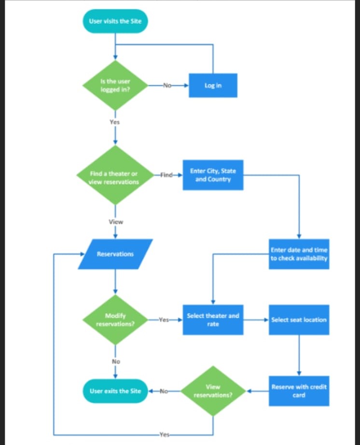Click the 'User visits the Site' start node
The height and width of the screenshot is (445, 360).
pos(115,21)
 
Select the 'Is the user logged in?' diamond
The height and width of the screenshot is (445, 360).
pos(115,85)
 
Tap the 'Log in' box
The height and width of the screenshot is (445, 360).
pos(213,85)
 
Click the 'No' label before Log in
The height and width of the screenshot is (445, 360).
pos(167,85)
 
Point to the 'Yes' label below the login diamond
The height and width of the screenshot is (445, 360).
pos(114,122)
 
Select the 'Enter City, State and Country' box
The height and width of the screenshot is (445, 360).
pos(213,175)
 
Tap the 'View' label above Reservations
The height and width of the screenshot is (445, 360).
pos(115,222)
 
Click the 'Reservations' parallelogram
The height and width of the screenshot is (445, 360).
pos(115,254)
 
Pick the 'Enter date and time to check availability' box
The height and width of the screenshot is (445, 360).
pos(299,254)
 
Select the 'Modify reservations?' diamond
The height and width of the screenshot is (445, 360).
pos(115,320)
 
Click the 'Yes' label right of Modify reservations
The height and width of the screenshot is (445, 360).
pos(164,320)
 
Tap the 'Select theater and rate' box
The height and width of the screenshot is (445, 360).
pos(213,320)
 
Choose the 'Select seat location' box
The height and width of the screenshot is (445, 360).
pos(299,320)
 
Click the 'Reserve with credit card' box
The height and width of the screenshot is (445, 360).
pos(299,390)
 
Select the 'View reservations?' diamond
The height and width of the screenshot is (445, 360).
pos(213,390)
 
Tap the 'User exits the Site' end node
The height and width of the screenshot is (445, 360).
pos(115,390)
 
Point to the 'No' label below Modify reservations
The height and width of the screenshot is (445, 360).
pos(116,362)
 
